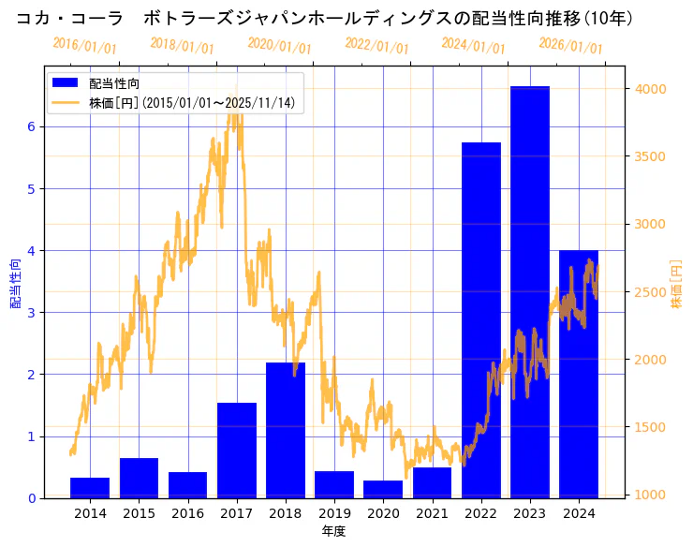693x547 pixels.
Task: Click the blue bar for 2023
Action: coord(530,292)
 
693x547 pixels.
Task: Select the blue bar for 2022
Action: coord(481,320)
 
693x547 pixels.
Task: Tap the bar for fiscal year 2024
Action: coord(579,374)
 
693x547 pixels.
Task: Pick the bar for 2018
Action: coord(286,430)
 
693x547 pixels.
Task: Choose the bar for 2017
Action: coord(237,451)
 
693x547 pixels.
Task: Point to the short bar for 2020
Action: coord(383,489)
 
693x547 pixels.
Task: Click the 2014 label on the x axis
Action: coord(90,513)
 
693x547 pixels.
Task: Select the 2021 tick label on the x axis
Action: coord(433,513)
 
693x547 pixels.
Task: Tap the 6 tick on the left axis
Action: coord(31,126)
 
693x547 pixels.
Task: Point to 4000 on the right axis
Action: coord(650,89)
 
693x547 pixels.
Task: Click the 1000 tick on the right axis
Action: coord(650,495)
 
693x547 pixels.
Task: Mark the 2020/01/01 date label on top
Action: coord(279,45)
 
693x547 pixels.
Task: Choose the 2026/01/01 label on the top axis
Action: coord(570,45)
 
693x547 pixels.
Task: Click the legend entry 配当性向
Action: coord(114,84)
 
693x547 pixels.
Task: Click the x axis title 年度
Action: coord(333,531)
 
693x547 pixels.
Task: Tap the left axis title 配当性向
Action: coord(15,283)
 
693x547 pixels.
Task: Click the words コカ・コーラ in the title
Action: coord(70,18)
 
